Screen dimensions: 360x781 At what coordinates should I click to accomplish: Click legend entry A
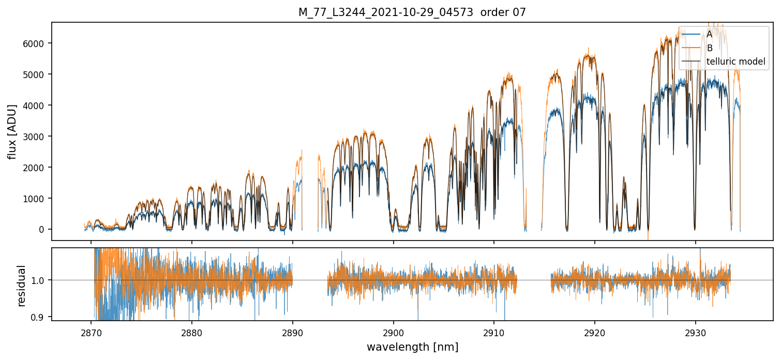coord(709,34)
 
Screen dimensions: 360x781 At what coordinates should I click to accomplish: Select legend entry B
coord(709,48)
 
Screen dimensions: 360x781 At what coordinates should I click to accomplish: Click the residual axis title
coord(21,285)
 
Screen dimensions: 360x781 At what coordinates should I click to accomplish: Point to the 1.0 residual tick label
coord(39,280)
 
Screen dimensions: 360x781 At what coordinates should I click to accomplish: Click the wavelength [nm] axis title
coord(412,347)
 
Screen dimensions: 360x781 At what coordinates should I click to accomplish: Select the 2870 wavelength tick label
coord(91,332)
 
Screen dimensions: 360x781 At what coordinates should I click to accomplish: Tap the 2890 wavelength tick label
coord(293,332)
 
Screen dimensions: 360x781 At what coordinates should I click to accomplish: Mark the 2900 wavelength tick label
coord(393,332)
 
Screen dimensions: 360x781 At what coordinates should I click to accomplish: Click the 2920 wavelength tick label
coord(595,332)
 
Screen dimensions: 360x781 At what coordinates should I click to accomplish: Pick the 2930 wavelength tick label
coord(695,332)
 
